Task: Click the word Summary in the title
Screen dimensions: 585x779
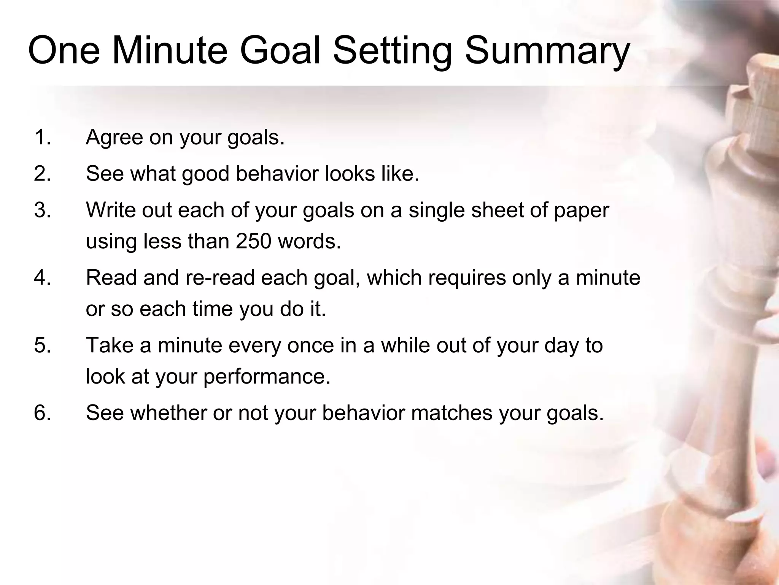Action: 547,51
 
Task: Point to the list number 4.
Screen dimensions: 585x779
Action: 42,277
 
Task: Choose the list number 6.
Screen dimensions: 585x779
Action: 42,412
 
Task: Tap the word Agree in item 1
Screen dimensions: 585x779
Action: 114,138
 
